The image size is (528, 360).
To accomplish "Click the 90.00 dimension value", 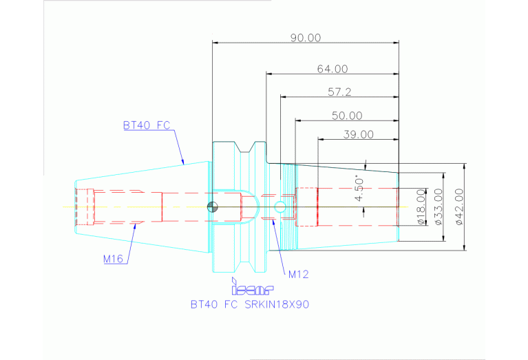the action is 306,37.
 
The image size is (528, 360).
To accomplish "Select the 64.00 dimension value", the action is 332,69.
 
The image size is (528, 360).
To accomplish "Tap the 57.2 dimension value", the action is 339,92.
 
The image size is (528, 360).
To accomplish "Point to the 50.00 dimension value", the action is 347,116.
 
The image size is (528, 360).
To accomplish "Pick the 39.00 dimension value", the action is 358,134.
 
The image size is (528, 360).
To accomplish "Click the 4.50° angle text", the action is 359,188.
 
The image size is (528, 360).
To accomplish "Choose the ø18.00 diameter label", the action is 421,207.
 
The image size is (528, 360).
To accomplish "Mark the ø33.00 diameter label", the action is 438,207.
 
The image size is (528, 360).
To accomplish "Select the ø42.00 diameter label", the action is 459,207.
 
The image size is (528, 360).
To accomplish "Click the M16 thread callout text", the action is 113,259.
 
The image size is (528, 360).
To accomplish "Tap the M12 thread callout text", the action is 298,274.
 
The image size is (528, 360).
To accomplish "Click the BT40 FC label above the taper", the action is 147,125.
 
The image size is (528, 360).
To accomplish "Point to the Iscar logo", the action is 252,286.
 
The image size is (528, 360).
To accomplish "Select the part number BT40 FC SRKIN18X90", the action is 250,304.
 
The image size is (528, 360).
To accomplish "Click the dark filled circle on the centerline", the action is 213,207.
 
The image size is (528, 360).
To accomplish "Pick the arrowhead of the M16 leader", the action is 135,226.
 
